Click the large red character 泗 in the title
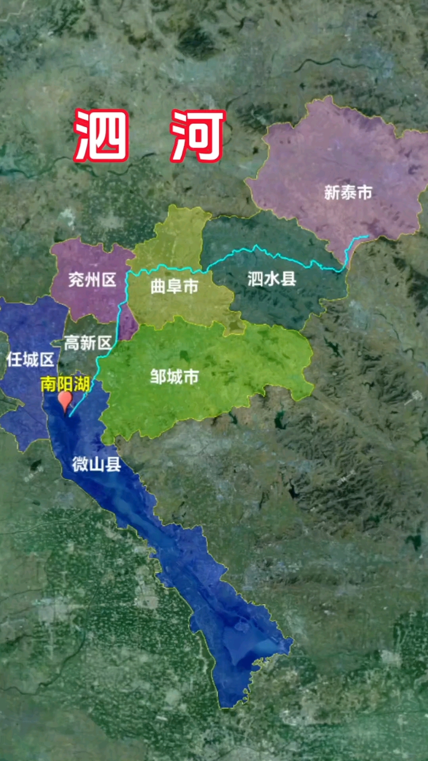point(101,135)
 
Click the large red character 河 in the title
point(198,135)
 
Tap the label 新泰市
point(348,193)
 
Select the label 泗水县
point(272,279)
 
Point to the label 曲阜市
point(174,286)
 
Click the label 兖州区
point(92,280)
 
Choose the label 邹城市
point(174,377)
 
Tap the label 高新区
point(88,343)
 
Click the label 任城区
point(30,359)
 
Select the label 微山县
point(96,464)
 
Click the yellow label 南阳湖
point(65,384)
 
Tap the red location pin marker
point(65,400)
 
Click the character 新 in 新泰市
point(332,193)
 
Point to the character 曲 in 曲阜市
point(159,286)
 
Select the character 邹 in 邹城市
point(158,377)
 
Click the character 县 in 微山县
point(113,464)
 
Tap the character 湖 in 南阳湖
point(81,384)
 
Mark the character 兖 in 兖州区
point(76,280)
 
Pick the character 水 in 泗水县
point(272,279)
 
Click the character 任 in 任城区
point(14,359)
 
